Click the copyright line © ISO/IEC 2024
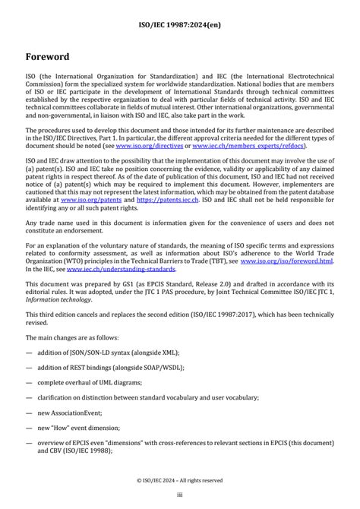pyautogui.click(x=180, y=479)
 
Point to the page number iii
pyautogui.click(x=180, y=495)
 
